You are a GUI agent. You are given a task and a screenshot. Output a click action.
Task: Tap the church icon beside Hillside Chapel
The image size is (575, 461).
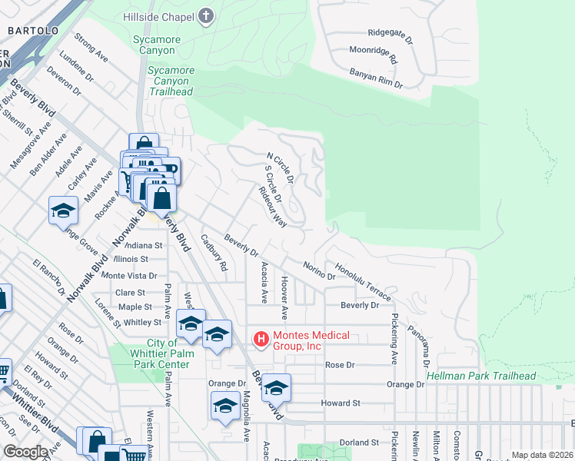[x=205, y=16]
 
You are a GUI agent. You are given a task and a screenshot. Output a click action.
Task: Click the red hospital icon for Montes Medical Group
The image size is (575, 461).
[x=261, y=338]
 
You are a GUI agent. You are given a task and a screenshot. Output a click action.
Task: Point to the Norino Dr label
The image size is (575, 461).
[x=318, y=270]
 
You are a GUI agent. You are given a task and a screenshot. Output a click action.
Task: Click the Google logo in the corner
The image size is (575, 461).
[x=25, y=452]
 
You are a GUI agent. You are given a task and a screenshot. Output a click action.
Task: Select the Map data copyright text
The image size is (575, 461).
[x=542, y=455]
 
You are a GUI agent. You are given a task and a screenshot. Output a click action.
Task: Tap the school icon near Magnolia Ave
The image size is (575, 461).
[x=224, y=406]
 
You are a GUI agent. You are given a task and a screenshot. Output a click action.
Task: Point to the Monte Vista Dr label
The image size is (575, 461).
[x=129, y=275]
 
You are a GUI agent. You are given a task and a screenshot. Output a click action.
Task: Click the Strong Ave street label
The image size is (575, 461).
[x=91, y=48]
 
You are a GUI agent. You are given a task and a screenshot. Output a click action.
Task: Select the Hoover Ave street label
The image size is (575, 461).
[x=284, y=298]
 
